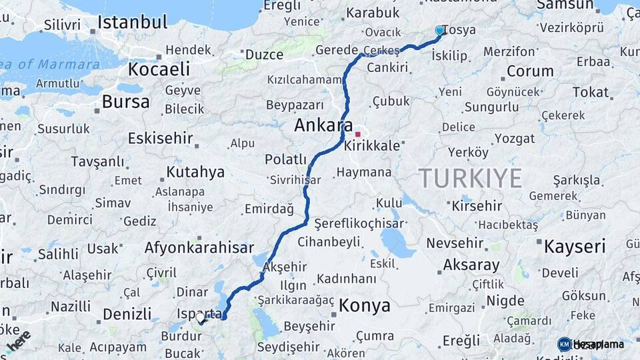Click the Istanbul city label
pos(132,21)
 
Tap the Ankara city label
pos(323,125)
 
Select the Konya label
pos(365,306)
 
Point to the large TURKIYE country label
pos(471,178)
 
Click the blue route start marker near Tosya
pos(439,31)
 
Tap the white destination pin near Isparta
pos(200,318)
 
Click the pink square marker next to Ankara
pos(357,134)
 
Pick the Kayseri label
pos(575,246)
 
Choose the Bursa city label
pos(126,102)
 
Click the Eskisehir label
pos(160,139)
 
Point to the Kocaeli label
pos(159,69)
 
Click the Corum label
pos(530,71)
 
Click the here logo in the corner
pos(18,339)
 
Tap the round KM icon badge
pos(564,344)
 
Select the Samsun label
pos(565,5)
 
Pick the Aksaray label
pos(471,265)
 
